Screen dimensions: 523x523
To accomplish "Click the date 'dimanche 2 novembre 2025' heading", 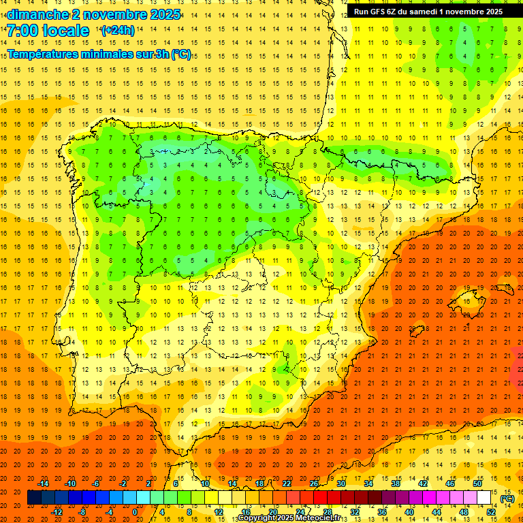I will click(93, 14).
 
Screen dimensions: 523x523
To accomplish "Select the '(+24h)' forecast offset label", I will click(118, 30).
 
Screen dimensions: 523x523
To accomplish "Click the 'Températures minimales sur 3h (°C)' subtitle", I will click(99, 54).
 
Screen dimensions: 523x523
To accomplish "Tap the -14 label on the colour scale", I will click(44, 484).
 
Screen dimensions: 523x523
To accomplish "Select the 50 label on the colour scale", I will click(477, 484).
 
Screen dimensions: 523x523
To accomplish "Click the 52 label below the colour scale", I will click(491, 512).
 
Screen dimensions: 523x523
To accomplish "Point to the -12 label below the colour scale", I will click(57, 512).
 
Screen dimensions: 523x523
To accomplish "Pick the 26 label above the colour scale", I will click(314, 484).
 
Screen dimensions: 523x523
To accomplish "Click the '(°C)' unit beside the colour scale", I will click(507, 498).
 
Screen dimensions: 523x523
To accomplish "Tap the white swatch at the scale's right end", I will click(484, 498).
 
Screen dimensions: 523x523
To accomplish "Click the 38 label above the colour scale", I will click(396, 484).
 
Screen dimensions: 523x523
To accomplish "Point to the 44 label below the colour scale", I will click(437, 512).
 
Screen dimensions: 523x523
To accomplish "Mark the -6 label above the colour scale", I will click(96, 484).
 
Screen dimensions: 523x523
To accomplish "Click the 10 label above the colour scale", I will click(204, 484).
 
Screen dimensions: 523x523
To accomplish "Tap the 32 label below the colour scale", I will click(355, 512).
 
